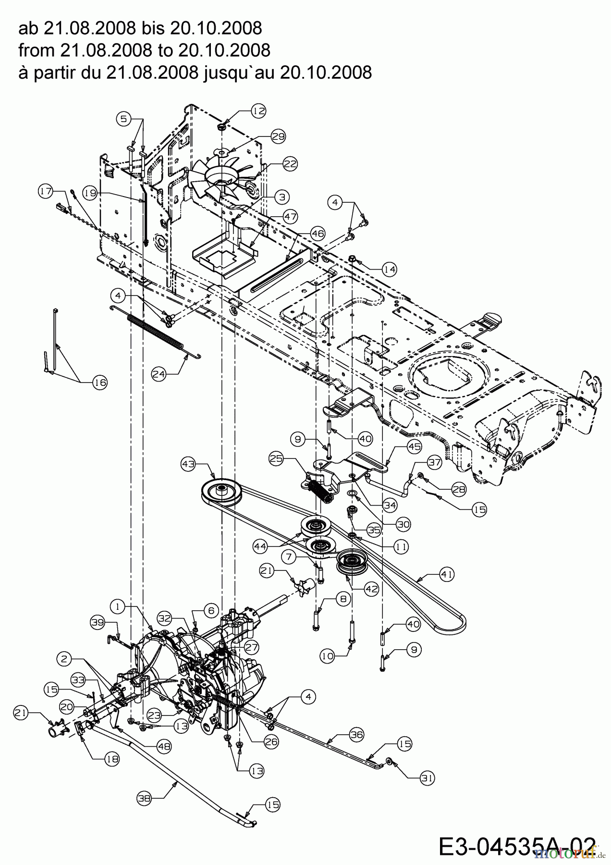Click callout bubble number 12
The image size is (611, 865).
coord(258,111)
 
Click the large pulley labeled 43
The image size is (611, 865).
coord(221,492)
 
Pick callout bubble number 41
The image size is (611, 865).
coord(447,574)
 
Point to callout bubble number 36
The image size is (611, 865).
coord(356,734)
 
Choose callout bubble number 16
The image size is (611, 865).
coord(99,382)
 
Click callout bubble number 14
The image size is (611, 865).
coord(389,270)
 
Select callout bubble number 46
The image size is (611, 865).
coord(317,234)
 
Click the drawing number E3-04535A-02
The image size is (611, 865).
coord(517,846)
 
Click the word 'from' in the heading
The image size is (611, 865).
coord(34,50)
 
